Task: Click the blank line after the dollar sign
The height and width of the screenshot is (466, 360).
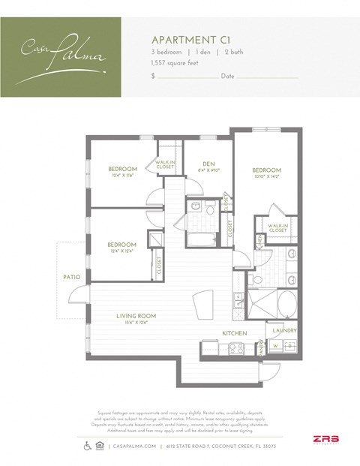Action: (x=187, y=77)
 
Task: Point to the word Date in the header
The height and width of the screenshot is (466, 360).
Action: (x=227, y=77)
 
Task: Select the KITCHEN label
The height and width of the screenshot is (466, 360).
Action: (x=235, y=332)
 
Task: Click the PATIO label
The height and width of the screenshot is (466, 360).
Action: (x=71, y=278)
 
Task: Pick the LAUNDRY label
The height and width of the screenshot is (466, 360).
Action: (x=285, y=330)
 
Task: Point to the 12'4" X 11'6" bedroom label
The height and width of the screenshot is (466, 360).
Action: (x=121, y=172)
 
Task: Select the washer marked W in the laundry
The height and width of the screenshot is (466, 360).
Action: (x=275, y=345)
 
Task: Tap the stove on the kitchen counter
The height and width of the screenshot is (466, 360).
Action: (x=232, y=347)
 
